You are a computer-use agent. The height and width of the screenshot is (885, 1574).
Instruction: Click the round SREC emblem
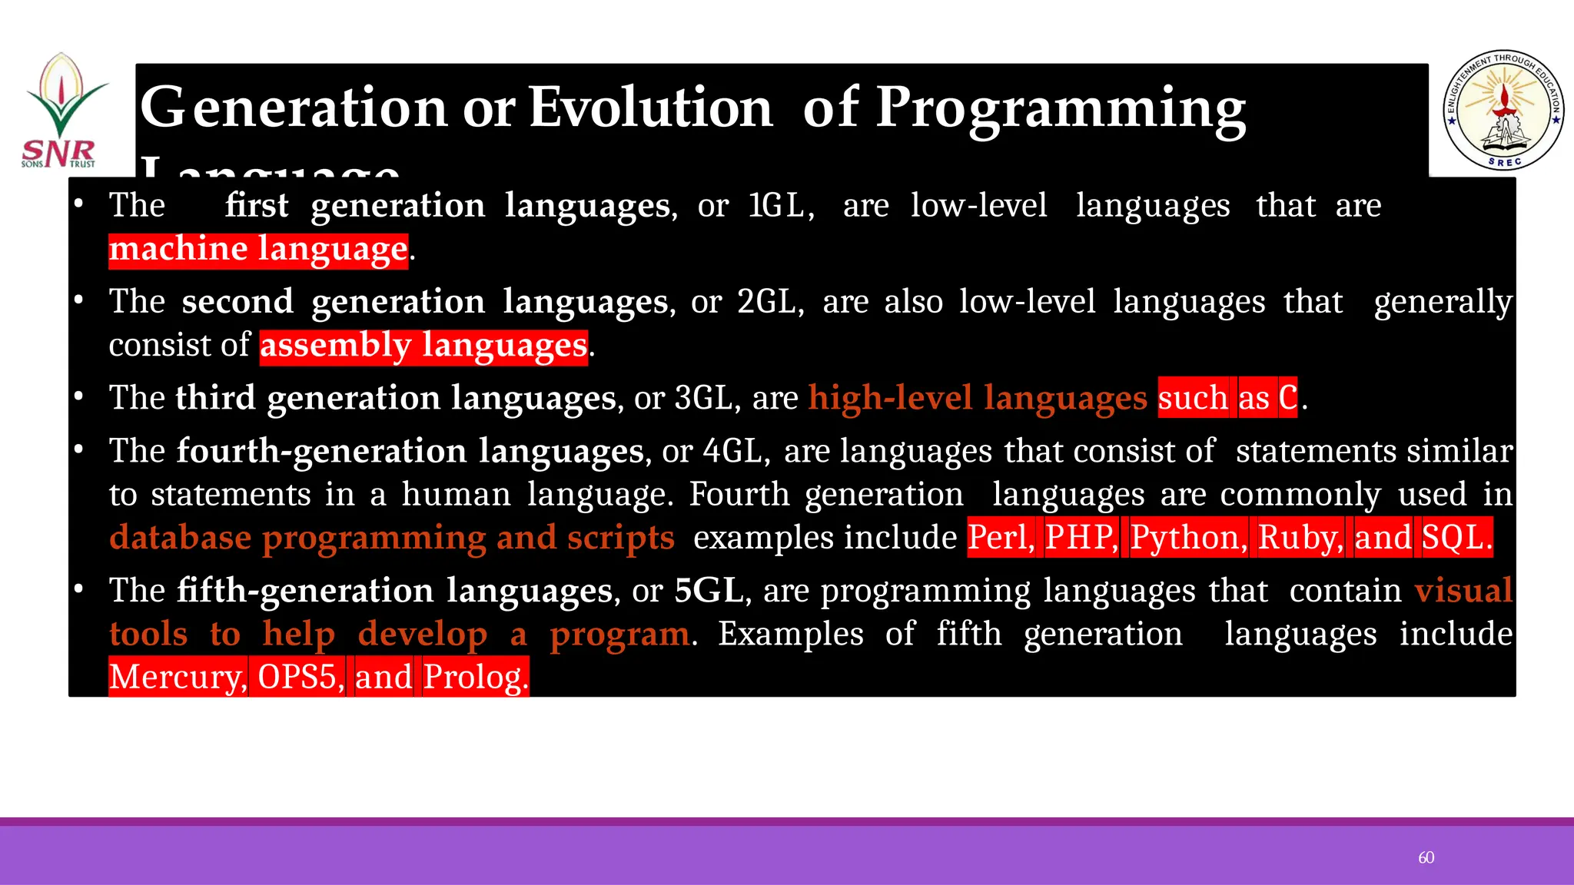[1503, 111]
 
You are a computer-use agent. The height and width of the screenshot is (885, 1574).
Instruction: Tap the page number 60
[1426, 857]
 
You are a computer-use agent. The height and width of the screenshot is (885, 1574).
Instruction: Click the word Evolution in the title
[650, 108]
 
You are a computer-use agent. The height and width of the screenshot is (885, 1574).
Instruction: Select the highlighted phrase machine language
[258, 249]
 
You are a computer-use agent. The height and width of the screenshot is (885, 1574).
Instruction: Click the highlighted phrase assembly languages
[423, 346]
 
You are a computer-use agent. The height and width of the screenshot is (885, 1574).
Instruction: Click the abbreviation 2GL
[769, 302]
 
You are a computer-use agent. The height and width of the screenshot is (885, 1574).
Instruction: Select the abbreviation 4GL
[736, 451]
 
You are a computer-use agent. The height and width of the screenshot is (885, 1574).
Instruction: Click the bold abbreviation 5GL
[708, 591]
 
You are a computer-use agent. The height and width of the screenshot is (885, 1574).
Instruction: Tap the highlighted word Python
[1188, 537]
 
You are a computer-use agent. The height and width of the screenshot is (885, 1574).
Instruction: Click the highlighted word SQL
[1456, 537]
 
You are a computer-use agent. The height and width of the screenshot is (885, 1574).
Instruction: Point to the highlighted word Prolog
[475, 677]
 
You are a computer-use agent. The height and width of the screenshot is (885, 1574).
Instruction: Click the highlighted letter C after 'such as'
[1287, 398]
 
